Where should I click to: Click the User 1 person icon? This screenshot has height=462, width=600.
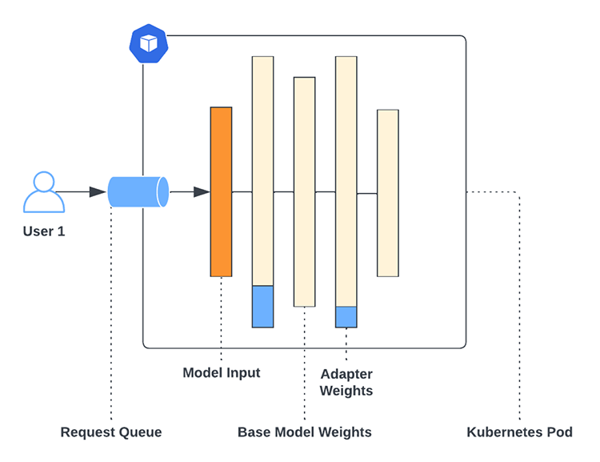(44, 192)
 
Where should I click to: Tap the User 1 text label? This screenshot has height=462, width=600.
(44, 232)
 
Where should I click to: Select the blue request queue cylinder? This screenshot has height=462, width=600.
(138, 192)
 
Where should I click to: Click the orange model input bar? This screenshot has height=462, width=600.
(221, 192)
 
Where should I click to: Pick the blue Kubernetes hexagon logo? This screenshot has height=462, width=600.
(149, 43)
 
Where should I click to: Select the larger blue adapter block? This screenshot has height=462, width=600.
(262, 306)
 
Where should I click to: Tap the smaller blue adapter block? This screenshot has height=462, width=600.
(346, 317)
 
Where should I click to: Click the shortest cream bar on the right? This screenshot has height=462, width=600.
(388, 192)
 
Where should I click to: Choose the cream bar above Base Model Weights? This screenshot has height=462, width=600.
(304, 192)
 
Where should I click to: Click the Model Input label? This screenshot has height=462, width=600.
(222, 372)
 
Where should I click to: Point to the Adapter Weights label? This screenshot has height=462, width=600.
(346, 383)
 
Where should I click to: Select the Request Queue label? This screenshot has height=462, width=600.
(111, 432)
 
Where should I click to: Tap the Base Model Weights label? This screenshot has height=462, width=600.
(305, 432)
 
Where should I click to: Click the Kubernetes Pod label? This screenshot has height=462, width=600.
(520, 432)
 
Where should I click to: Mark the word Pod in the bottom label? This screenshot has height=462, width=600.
(559, 432)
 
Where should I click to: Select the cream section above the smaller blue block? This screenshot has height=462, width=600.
(346, 181)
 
